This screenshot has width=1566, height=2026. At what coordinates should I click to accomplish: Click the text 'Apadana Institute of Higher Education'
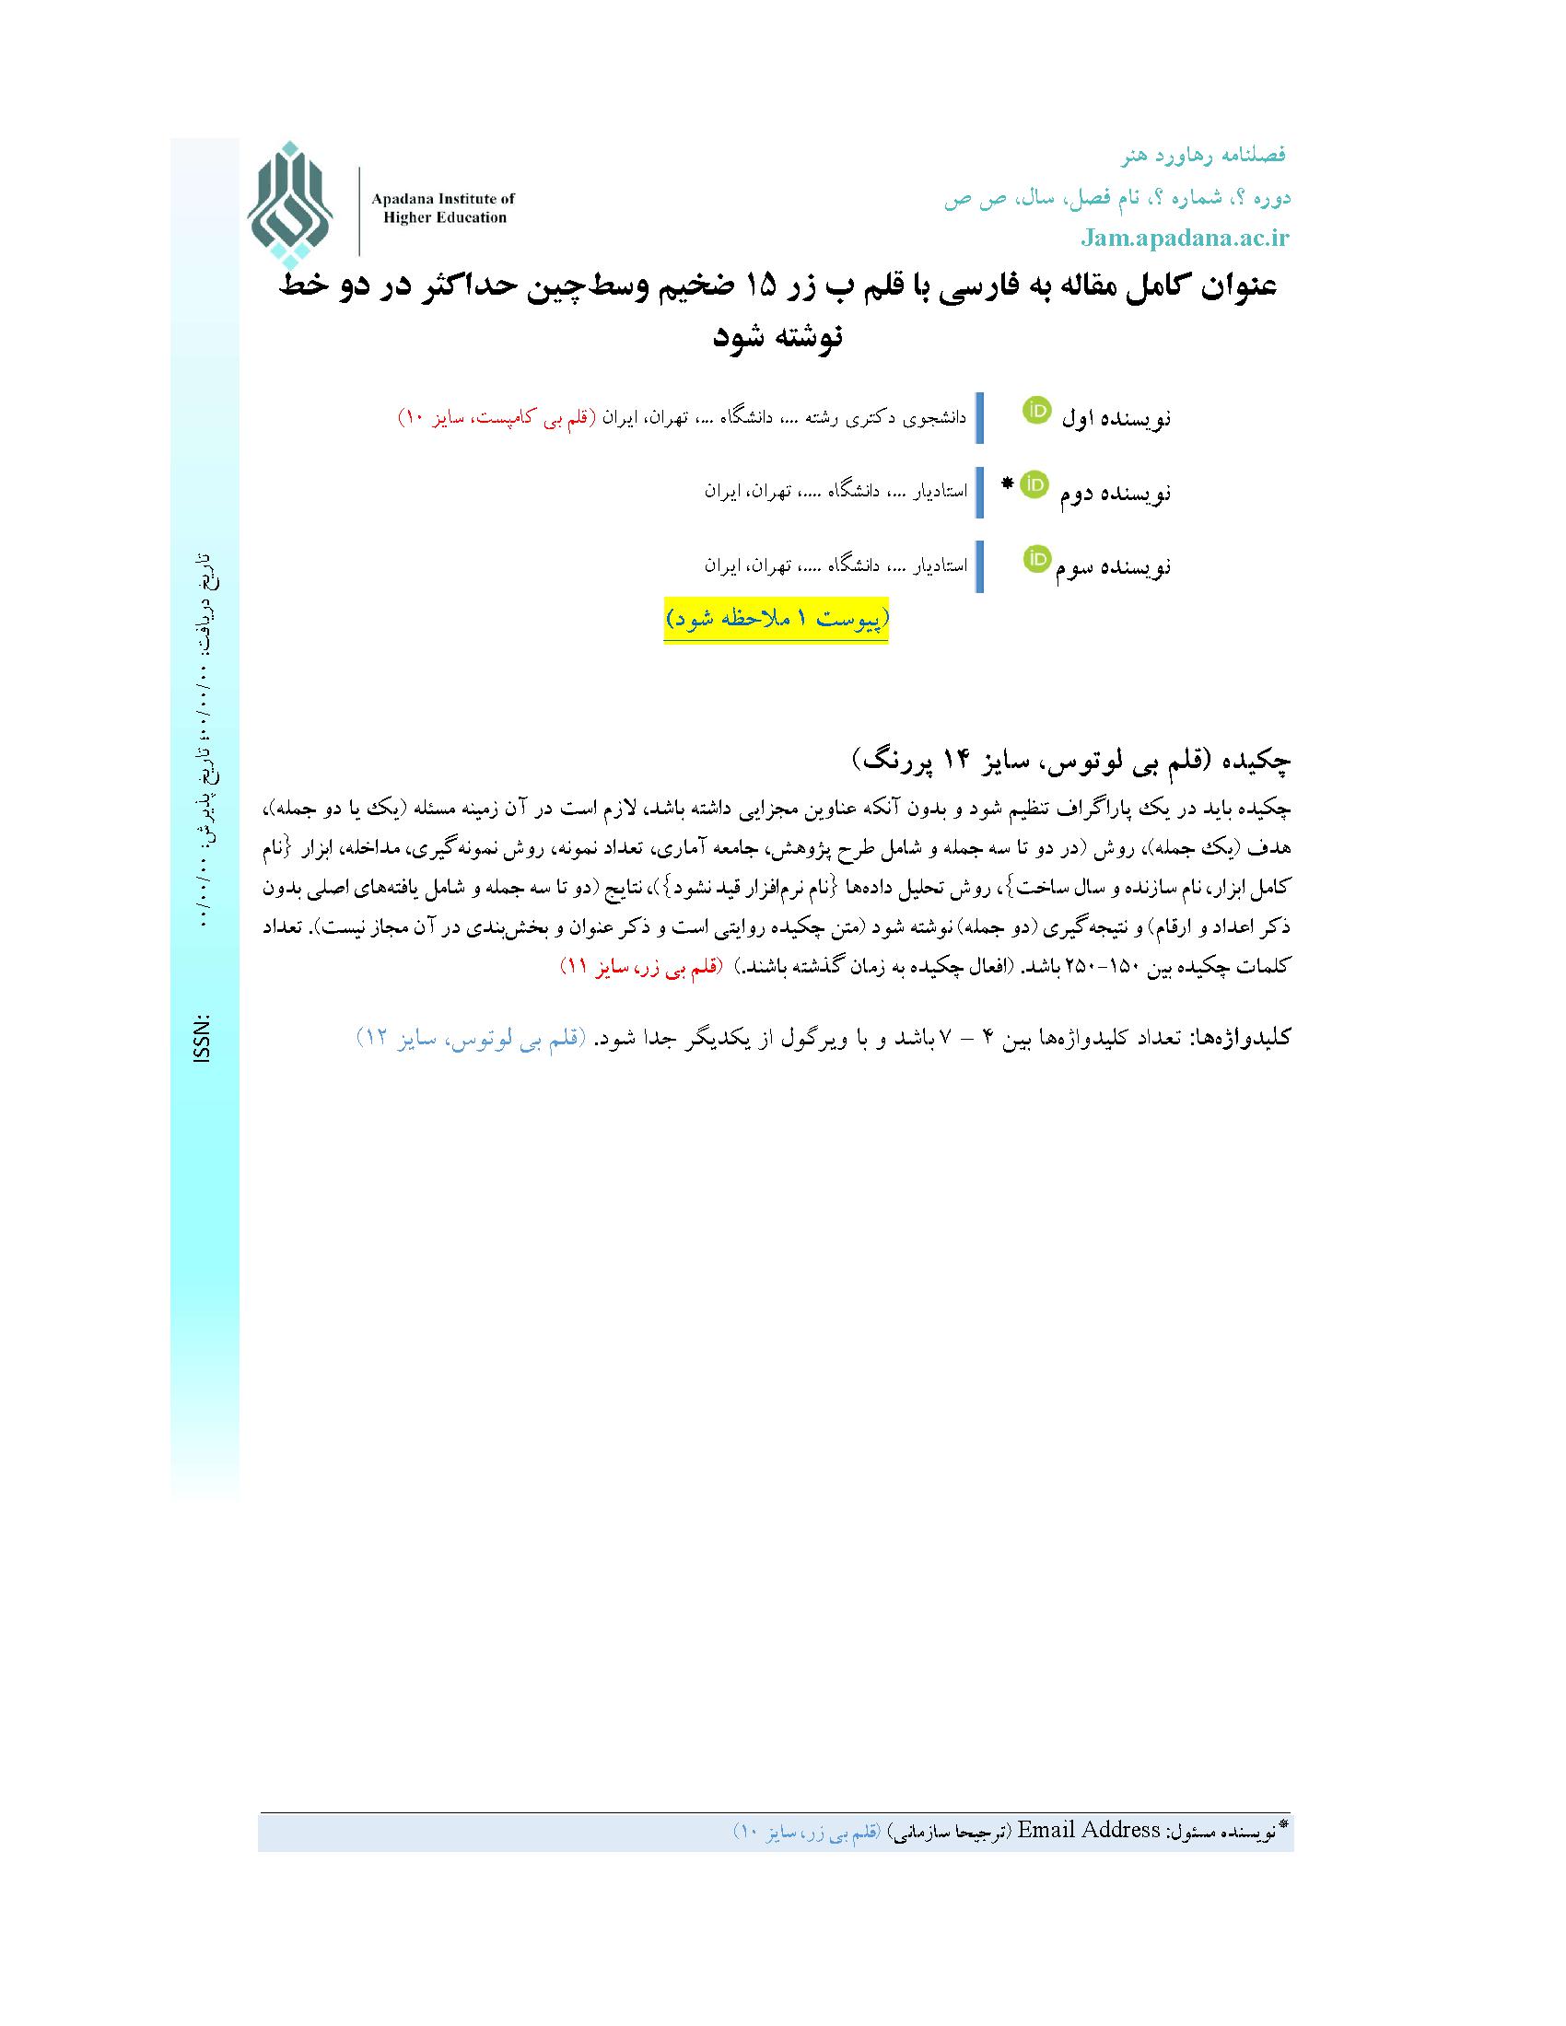[x=442, y=208]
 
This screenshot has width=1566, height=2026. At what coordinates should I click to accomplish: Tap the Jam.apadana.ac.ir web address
[x=1185, y=239]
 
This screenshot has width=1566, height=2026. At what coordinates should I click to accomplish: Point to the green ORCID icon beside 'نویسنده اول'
[x=1036, y=410]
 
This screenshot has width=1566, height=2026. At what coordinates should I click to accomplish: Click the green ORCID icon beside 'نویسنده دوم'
[x=1034, y=484]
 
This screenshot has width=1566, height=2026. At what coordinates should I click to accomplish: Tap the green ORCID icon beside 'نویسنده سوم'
[x=1036, y=558]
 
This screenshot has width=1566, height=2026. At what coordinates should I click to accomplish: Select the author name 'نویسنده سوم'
[x=1114, y=566]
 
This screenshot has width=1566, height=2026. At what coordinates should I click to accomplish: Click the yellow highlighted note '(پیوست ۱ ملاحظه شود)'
[x=776, y=620]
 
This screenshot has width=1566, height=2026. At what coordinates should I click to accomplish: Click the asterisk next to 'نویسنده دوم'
[x=1009, y=483]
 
